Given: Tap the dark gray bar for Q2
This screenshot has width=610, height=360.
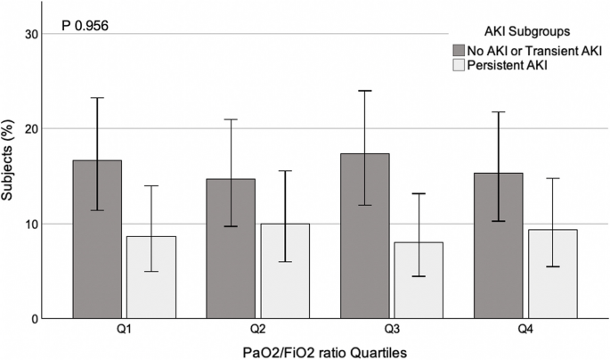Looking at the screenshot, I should point(231,249).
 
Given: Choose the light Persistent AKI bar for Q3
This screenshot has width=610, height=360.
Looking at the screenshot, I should point(419,280).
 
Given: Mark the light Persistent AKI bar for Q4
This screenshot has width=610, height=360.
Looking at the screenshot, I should point(553,274).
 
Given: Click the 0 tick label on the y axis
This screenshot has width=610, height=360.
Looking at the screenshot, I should point(35,319).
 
